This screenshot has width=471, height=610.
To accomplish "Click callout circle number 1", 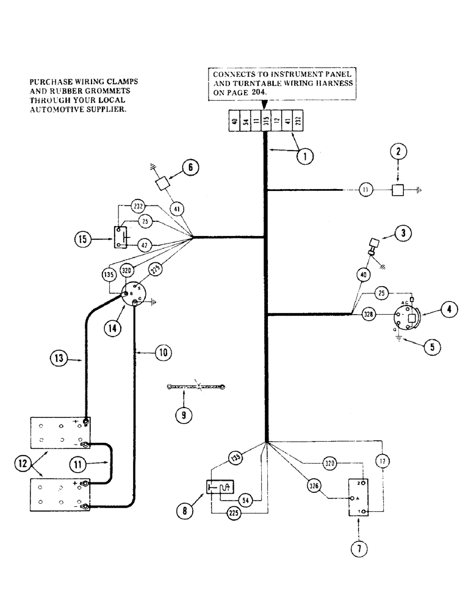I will pyautogui.click(x=304, y=156).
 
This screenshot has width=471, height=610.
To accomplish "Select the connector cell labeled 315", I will pyautogui.click(x=265, y=121).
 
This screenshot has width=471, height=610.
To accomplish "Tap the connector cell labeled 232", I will pyautogui.click(x=297, y=121).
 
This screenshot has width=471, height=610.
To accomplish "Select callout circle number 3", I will pyautogui.click(x=403, y=232).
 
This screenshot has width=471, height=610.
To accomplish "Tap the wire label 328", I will pyautogui.click(x=368, y=315).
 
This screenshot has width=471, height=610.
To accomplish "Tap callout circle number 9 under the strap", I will pyautogui.click(x=183, y=415).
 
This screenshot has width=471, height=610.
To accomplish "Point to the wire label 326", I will pyautogui.click(x=315, y=486).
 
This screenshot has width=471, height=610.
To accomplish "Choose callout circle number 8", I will pyautogui.click(x=182, y=512).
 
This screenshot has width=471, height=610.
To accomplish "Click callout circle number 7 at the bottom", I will pyautogui.click(x=359, y=549).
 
